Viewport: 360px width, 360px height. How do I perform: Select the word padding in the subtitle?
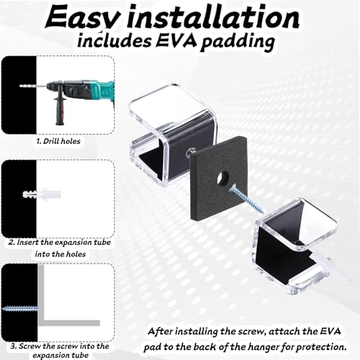coord(238,42)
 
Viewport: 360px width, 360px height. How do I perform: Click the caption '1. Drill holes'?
coord(58,141)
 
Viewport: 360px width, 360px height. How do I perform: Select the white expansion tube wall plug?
coord(42,194)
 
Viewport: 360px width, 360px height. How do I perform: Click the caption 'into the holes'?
coord(60,254)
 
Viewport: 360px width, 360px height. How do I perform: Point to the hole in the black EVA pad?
coord(222,179)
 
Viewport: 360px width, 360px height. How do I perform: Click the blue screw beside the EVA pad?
coord(246,199)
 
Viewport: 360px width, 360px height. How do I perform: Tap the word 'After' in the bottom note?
coord(161,331)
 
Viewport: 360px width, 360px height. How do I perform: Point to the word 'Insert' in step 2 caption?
coord(28,242)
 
